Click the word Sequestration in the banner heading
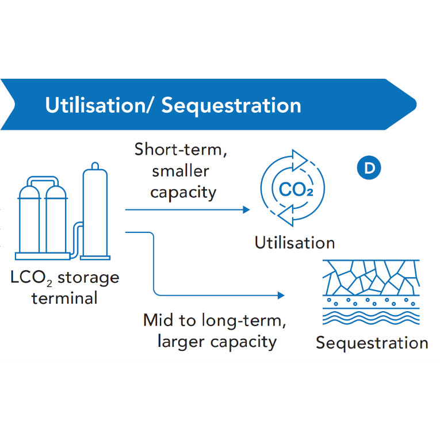[231, 105]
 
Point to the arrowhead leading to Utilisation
[247, 210]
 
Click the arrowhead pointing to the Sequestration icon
[281, 295]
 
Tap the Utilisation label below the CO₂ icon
[294, 242]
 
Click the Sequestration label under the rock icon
[372, 343]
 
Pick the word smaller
[179, 170]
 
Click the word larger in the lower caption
[180, 341]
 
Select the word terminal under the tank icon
[64, 298]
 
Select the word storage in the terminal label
[89, 278]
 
